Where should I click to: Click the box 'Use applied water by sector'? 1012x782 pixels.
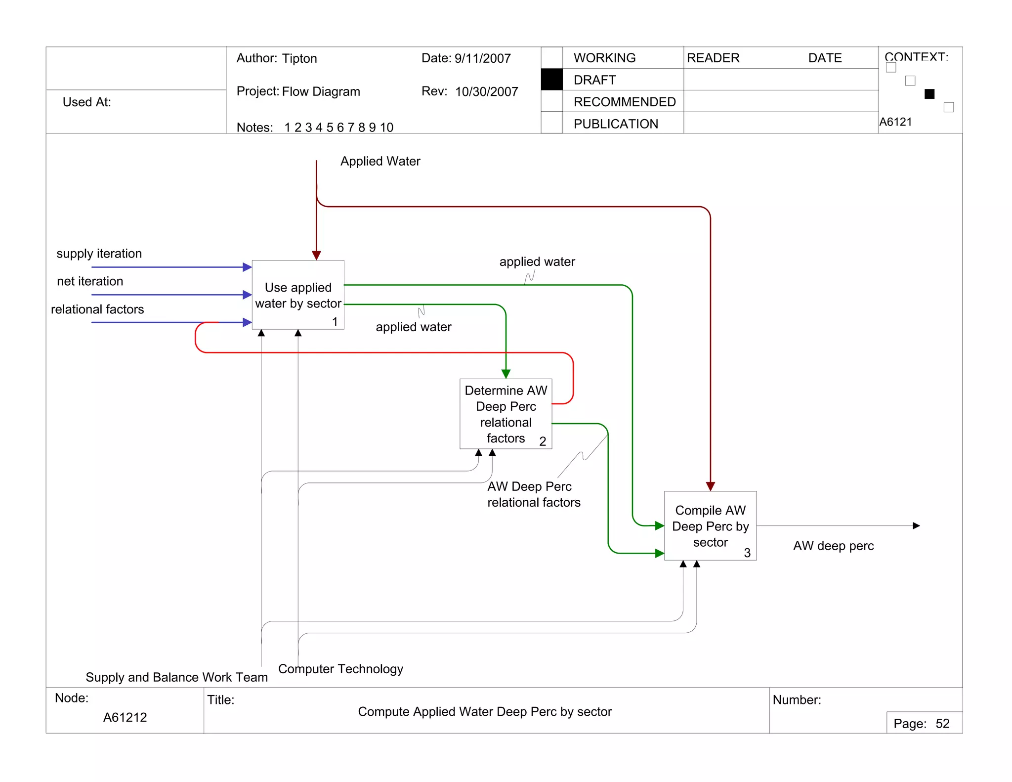(298, 295)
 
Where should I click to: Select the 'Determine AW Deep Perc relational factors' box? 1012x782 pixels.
(506, 414)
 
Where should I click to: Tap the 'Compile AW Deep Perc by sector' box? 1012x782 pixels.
(710, 526)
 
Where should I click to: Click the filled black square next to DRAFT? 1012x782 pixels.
(551, 80)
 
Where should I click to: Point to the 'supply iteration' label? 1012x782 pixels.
(99, 254)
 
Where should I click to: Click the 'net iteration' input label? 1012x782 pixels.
(90, 281)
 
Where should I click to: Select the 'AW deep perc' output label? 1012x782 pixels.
(833, 546)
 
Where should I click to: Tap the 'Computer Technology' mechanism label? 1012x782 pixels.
(340, 669)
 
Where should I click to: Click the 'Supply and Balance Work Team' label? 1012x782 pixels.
(176, 677)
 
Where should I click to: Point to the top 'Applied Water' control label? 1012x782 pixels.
(380, 161)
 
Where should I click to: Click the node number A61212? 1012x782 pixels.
(125, 717)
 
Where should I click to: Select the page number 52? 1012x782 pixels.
(942, 724)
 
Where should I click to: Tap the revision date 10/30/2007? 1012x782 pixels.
(486, 91)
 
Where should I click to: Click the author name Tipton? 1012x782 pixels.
(299, 58)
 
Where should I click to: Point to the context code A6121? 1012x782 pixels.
(895, 122)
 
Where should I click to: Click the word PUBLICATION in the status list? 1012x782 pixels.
(616, 124)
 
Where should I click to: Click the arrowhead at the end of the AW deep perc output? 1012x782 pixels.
(916, 525)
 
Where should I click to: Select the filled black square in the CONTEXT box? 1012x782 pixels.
(929, 94)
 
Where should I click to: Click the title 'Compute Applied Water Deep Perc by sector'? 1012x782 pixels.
(485, 712)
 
